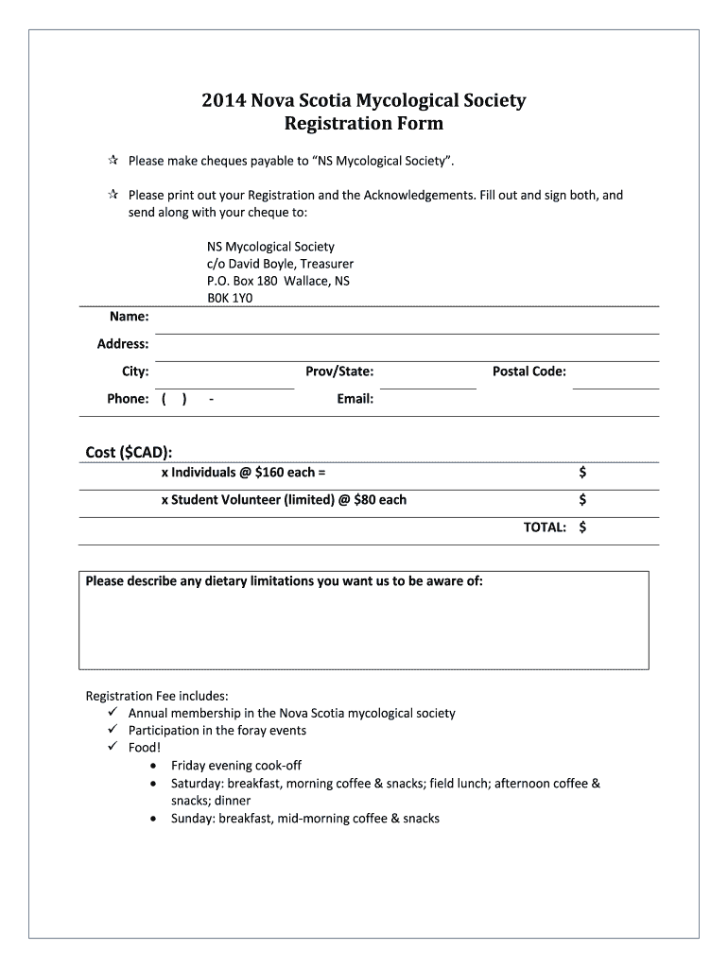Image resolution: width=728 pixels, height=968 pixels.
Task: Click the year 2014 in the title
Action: (x=222, y=100)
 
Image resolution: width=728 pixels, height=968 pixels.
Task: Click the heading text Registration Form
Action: (x=363, y=124)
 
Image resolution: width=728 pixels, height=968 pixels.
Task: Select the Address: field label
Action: (x=123, y=344)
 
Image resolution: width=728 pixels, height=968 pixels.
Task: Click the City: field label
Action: (x=135, y=372)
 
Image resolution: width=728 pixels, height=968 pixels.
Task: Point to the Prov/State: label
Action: (x=339, y=372)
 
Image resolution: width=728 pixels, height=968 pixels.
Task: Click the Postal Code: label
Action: (x=529, y=372)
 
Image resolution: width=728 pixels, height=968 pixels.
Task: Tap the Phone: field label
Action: (x=128, y=399)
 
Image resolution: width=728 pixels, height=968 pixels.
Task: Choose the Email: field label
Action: (x=355, y=399)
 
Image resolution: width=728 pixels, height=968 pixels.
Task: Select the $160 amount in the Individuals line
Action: (x=271, y=472)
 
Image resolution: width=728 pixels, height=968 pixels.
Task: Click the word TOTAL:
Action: (x=546, y=527)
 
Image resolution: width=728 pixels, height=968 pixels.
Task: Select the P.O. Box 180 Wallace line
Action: (x=278, y=281)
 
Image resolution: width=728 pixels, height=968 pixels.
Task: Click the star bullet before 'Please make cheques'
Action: (x=112, y=161)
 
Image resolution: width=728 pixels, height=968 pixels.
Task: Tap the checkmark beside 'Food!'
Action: (x=111, y=748)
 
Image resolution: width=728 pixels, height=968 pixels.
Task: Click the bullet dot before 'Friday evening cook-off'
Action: (x=154, y=766)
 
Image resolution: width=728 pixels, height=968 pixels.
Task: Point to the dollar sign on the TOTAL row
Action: (x=582, y=527)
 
